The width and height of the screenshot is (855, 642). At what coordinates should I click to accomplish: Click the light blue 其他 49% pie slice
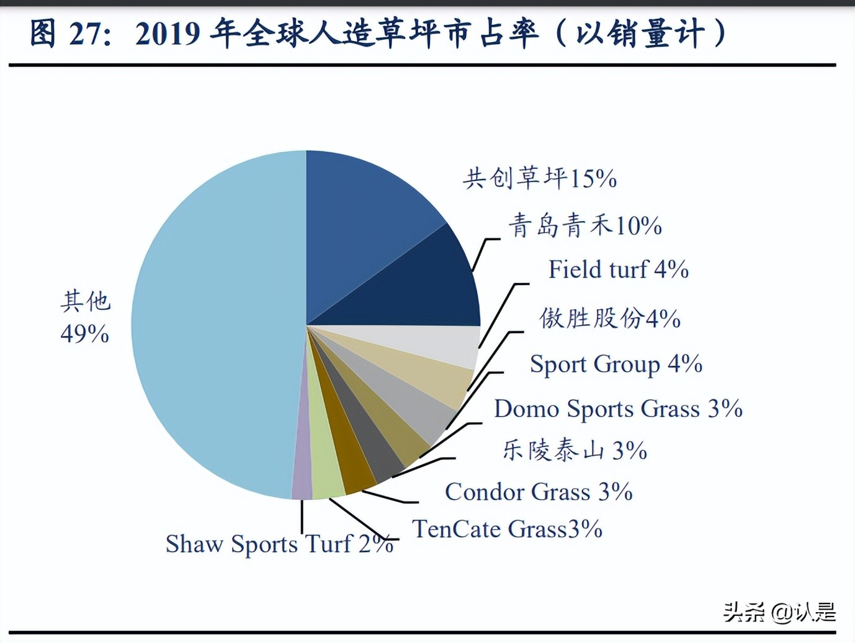tap(211, 323)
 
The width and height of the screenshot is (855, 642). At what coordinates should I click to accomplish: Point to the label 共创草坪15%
tap(540, 179)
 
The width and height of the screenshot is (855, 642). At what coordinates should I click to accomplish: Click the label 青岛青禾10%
tap(585, 225)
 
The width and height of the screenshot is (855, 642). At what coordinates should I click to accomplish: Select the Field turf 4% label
tap(618, 270)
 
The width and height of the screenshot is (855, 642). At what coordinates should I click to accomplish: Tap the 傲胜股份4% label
tap(610, 319)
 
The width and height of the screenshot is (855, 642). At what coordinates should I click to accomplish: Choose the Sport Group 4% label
tap(616, 364)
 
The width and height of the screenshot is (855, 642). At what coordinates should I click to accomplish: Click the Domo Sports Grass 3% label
tap(618, 409)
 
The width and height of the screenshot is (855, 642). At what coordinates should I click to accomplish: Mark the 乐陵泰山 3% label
tap(575, 450)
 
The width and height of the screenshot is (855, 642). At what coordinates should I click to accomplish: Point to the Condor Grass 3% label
tap(539, 492)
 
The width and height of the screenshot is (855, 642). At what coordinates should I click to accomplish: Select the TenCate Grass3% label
tap(508, 530)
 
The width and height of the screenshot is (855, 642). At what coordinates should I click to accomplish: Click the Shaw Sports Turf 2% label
tap(279, 545)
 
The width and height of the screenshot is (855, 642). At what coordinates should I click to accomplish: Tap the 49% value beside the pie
tap(85, 335)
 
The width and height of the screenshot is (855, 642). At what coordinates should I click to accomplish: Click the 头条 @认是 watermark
tap(779, 613)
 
